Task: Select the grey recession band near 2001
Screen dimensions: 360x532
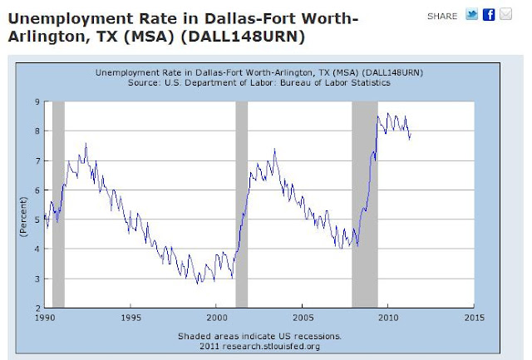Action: pos(242,204)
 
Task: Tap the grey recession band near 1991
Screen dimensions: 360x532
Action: pos(58,204)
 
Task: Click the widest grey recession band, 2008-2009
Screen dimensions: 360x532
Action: pos(365,204)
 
